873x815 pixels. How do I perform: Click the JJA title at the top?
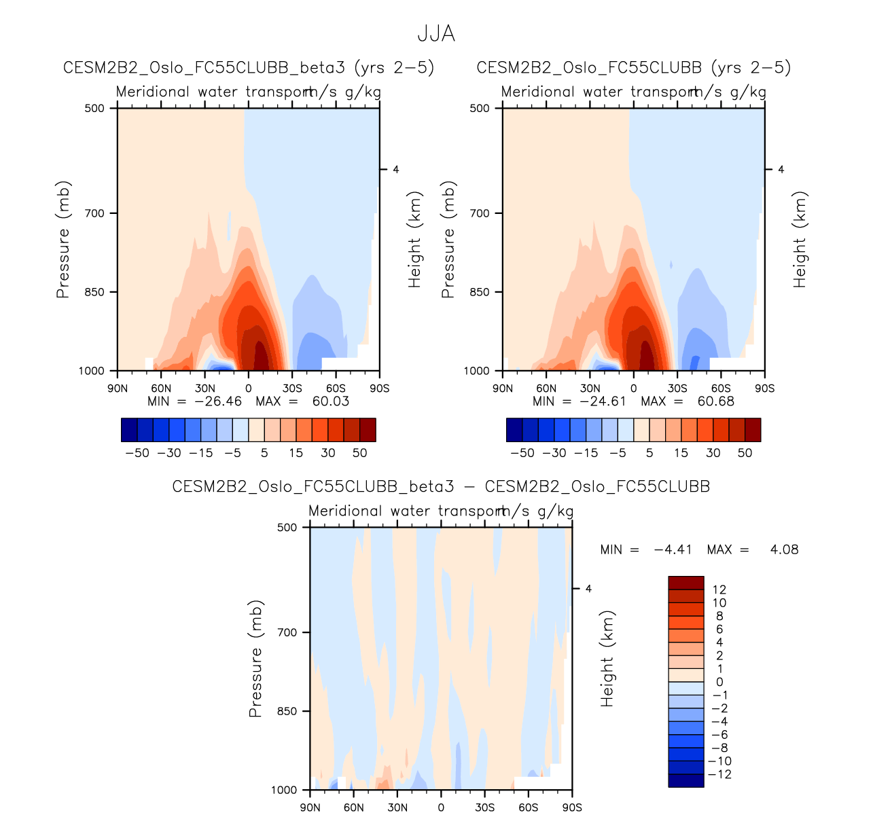(436, 34)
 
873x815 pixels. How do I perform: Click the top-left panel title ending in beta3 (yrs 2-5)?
(249, 68)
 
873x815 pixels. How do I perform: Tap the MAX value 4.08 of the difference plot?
(784, 549)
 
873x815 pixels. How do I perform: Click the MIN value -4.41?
(672, 549)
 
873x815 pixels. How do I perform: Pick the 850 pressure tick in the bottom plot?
(288, 711)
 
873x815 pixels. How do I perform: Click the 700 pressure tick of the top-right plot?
(480, 213)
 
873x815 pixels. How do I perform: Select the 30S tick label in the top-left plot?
(292, 388)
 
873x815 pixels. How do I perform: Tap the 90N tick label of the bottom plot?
(310, 808)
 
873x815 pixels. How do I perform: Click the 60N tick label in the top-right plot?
(546, 388)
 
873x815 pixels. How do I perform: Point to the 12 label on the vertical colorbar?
(719, 590)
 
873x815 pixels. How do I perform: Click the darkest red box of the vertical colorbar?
(686, 583)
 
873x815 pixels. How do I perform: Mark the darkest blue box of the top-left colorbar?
(129, 430)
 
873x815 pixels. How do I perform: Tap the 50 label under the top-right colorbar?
(745, 453)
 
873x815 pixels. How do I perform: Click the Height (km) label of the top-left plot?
(415, 239)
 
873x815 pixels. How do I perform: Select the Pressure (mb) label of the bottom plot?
(255, 658)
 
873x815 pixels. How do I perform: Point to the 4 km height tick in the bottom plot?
(588, 589)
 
